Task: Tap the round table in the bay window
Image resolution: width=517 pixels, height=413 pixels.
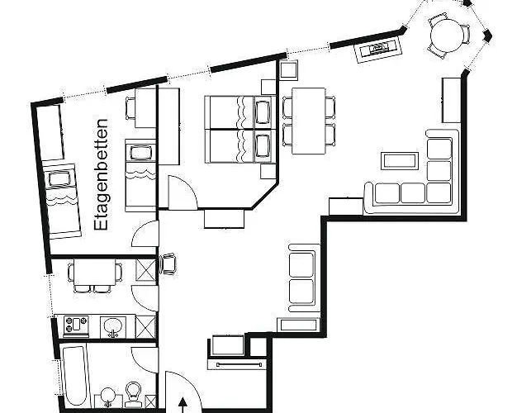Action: click(448, 36)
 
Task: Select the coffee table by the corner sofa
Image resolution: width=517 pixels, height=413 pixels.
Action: click(399, 160)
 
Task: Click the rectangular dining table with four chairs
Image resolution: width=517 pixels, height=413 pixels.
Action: click(309, 120)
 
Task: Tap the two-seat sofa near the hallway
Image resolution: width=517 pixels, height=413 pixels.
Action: click(301, 277)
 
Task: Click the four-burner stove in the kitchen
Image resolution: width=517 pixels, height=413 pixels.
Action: click(75, 325)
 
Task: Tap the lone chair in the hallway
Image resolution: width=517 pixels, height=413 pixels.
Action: click(170, 263)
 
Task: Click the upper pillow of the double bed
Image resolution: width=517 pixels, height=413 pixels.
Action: click(263, 111)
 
